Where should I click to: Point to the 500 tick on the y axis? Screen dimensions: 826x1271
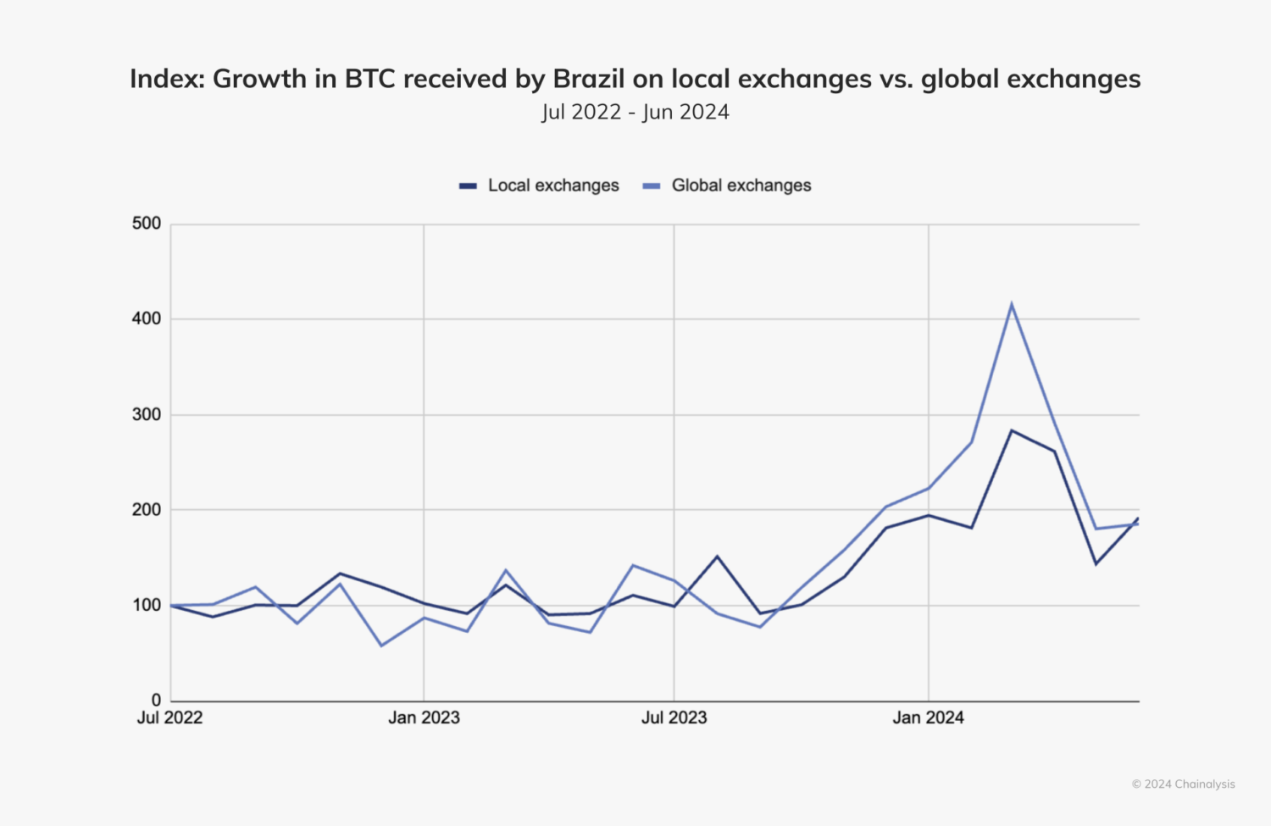(147, 224)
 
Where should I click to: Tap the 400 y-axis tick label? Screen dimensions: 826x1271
(147, 319)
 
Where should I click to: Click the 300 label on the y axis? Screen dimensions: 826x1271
(147, 415)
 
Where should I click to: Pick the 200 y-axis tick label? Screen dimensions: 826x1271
(147, 510)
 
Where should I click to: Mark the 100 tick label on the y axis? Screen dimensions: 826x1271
(147, 606)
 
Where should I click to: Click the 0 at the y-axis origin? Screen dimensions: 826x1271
(156, 701)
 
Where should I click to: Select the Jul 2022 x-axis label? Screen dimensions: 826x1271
(170, 718)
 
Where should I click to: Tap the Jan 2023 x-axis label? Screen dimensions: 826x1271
(424, 718)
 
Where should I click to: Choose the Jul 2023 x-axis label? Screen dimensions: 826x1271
(674, 718)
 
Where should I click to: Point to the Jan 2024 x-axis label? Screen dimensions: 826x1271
(928, 718)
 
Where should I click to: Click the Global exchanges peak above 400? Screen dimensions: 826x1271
(1012, 304)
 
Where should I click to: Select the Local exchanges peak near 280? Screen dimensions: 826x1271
(1012, 430)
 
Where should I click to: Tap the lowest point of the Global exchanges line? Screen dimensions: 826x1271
(381, 646)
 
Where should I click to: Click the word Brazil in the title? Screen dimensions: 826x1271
(589, 79)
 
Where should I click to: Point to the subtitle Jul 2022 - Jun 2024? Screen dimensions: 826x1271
(635, 112)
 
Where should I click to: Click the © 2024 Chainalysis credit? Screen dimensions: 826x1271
(1183, 784)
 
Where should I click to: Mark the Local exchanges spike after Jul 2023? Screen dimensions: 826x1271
(717, 557)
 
